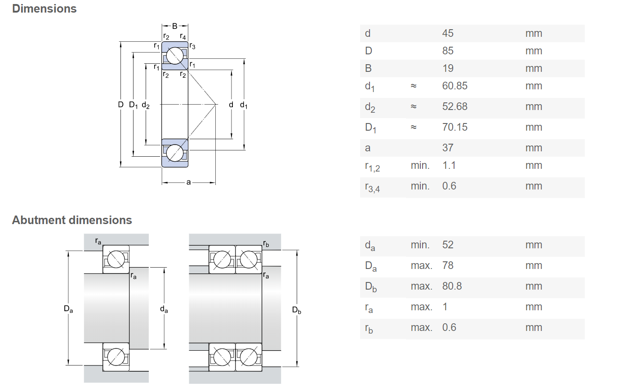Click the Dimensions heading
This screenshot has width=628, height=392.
[x=45, y=9]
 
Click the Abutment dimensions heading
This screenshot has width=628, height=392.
[x=72, y=220]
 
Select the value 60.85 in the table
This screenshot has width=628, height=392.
[x=455, y=86]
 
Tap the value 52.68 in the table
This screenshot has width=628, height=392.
[x=455, y=106]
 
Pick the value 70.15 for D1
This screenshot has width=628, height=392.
[x=455, y=127]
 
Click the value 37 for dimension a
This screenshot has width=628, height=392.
[x=448, y=148]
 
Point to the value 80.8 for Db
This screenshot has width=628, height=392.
[x=452, y=286]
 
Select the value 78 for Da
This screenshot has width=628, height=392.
[x=448, y=265]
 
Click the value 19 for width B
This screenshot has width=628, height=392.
[x=448, y=68]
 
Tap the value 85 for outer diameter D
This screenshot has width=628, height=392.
[x=448, y=51]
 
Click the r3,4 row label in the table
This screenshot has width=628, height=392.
[x=372, y=187]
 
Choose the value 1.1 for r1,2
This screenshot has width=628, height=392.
[x=449, y=166]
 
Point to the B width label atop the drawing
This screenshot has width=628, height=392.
[x=174, y=26]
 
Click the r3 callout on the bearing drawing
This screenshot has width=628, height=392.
[x=192, y=46]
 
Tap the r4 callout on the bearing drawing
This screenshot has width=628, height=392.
[x=183, y=36]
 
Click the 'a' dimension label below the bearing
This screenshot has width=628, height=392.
[x=188, y=182]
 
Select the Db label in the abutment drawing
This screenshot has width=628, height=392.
[x=296, y=310]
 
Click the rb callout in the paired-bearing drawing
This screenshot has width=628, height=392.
[x=266, y=244]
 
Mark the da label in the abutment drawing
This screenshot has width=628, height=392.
[x=164, y=309]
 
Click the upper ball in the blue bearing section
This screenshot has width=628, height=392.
[x=175, y=55]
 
